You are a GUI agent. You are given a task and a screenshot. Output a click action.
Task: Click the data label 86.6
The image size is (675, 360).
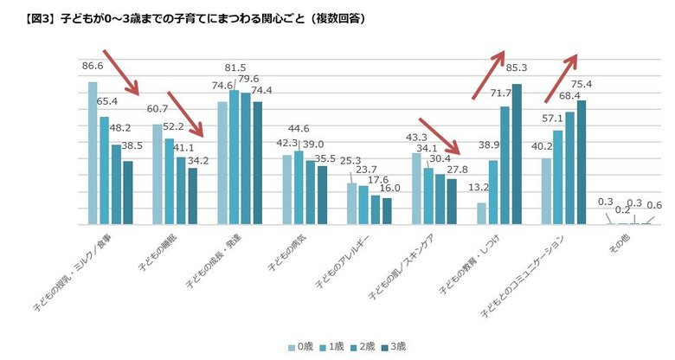click(93, 65)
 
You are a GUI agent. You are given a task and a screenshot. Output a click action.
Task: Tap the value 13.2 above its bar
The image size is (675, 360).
click(479, 187)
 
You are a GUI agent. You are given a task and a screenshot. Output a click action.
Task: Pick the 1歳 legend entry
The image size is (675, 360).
click(331, 346)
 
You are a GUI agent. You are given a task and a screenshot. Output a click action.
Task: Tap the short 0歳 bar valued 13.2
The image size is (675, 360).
click(482, 214)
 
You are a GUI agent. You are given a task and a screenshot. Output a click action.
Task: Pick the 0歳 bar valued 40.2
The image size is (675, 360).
click(546, 191)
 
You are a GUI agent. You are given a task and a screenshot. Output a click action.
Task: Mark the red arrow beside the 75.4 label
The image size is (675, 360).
click(561, 73)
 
